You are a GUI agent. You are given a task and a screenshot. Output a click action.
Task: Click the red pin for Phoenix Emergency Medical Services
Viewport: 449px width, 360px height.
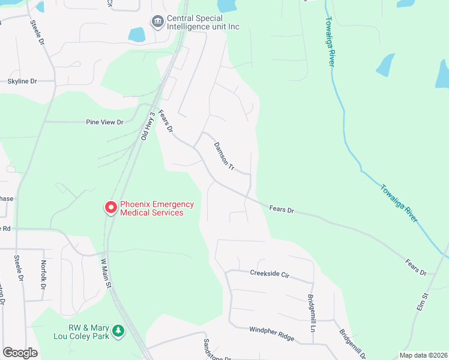(x=111, y=208)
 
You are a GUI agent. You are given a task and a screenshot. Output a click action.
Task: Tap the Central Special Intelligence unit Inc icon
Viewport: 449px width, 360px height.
(x=158, y=22)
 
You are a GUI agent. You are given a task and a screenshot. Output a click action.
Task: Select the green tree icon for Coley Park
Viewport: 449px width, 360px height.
(x=119, y=331)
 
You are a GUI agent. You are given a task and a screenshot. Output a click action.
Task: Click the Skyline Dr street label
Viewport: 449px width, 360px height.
(x=22, y=81)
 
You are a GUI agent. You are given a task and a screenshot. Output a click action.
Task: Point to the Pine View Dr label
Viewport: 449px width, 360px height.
(x=104, y=122)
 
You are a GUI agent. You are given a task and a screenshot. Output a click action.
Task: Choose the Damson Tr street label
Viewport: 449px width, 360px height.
(x=224, y=155)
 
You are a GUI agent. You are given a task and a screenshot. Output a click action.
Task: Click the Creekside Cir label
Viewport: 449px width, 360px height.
(x=270, y=274)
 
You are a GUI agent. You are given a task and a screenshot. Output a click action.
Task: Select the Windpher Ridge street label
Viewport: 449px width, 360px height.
(x=272, y=334)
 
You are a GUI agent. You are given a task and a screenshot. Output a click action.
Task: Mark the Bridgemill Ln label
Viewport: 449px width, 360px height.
(x=312, y=313)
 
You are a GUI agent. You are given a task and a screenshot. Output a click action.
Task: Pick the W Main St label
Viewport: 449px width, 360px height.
(x=106, y=272)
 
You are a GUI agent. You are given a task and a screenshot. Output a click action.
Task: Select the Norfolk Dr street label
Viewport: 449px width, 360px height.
(x=43, y=274)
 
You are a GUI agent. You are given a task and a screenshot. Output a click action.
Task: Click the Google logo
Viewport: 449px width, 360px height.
(x=20, y=353)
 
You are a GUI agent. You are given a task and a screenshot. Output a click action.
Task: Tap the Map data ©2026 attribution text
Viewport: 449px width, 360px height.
(x=423, y=355)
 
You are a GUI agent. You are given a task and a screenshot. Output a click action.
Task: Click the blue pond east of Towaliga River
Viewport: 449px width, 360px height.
(x=385, y=65)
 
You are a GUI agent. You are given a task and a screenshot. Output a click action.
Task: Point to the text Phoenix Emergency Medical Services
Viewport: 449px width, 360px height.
(x=157, y=208)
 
